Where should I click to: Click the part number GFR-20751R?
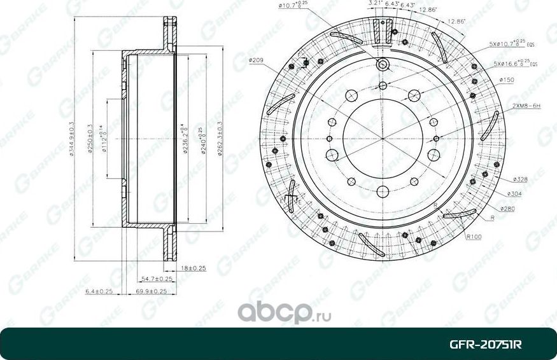coord(486,344)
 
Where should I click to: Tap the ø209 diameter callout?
coord(257,60)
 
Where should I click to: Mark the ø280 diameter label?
coord(507,209)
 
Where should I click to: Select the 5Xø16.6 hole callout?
coord(516,64)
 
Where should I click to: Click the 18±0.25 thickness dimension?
coord(194,268)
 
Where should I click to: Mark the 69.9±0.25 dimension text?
coord(152,291)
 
